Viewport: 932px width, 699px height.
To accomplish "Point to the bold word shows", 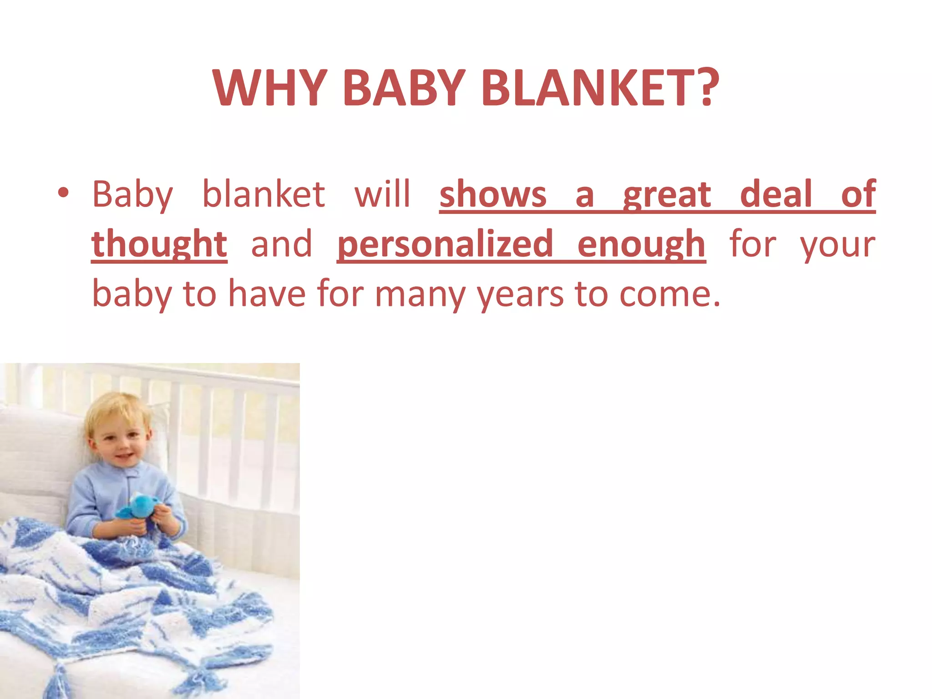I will [x=493, y=194].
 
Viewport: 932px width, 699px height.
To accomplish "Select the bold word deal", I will [x=776, y=194].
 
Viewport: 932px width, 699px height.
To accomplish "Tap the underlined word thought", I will [x=159, y=244].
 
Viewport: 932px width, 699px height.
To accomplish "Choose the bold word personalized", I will [x=445, y=244].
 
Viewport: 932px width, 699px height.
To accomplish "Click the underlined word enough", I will [x=641, y=244].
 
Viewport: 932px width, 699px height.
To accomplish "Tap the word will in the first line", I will [x=382, y=194].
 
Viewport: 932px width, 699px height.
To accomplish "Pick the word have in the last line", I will [x=266, y=294].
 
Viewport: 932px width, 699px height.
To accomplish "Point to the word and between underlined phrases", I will [x=282, y=244].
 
